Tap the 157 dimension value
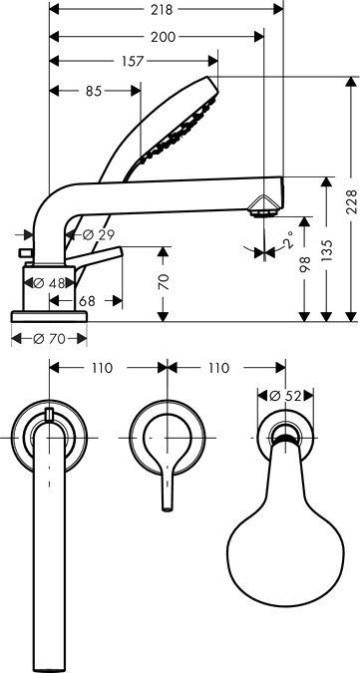(133, 62)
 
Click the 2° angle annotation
(287, 240)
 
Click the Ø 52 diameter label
(288, 396)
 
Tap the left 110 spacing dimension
(102, 368)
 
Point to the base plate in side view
(51, 315)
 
